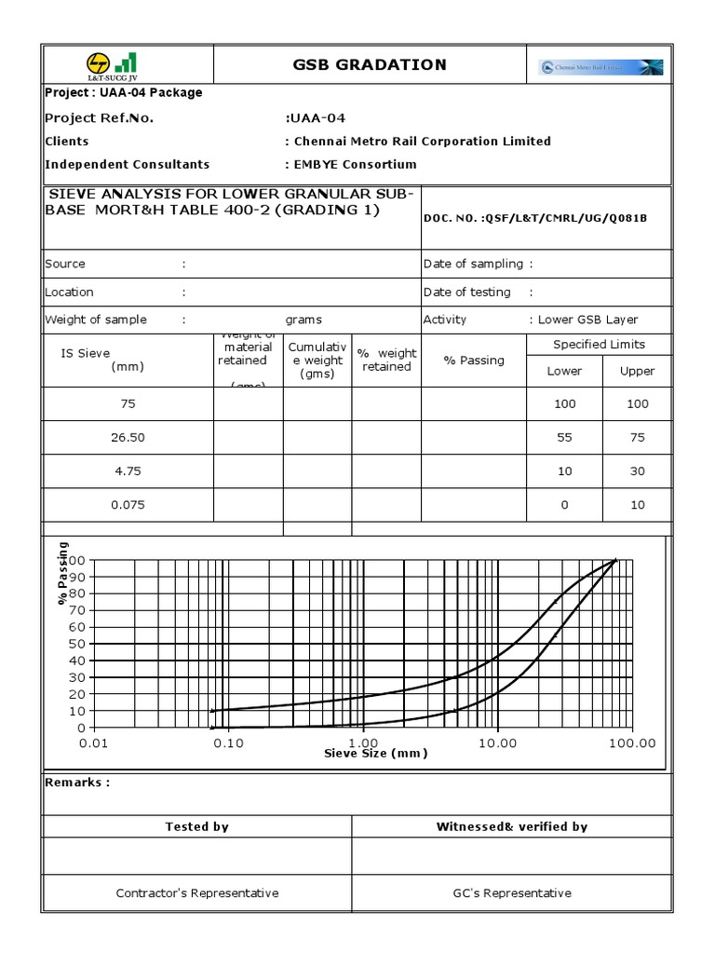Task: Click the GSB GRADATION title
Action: click(x=370, y=64)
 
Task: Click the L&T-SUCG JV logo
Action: click(x=111, y=64)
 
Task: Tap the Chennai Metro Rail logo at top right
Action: click(x=600, y=67)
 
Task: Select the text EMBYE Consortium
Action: click(x=354, y=164)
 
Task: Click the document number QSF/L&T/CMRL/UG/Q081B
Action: click(x=534, y=217)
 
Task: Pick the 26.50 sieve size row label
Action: click(x=128, y=437)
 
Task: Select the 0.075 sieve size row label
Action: click(x=128, y=505)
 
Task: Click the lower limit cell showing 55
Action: click(x=564, y=437)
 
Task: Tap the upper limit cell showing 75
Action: click(x=637, y=437)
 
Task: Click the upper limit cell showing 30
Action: click(x=637, y=471)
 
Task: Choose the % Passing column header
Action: click(x=474, y=361)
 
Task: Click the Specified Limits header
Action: click(x=599, y=344)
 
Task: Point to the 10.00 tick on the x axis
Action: click(x=497, y=743)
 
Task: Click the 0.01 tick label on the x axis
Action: click(x=94, y=743)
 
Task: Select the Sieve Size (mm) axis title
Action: click(x=375, y=753)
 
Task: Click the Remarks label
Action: click(x=77, y=782)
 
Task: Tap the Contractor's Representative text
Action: click(x=197, y=893)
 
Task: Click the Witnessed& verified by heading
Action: click(x=511, y=826)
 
